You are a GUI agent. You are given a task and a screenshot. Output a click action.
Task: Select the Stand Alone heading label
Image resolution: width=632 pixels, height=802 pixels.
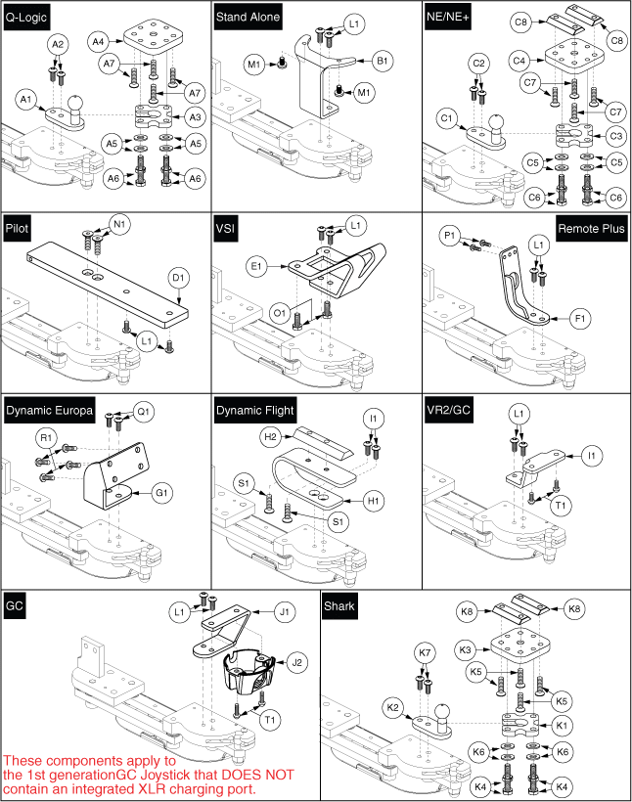(x=248, y=17)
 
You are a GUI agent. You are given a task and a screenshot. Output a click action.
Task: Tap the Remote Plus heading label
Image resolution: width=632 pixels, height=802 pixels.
(x=591, y=228)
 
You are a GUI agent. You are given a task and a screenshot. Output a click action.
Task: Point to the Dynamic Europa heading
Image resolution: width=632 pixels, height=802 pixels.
(x=49, y=412)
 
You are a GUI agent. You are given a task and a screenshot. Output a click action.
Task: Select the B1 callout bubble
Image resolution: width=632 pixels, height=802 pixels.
(x=384, y=61)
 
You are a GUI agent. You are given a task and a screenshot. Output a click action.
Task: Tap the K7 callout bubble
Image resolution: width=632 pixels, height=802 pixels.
(x=424, y=652)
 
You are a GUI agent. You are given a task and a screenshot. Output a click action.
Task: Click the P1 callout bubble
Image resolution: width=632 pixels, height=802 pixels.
(x=449, y=235)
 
